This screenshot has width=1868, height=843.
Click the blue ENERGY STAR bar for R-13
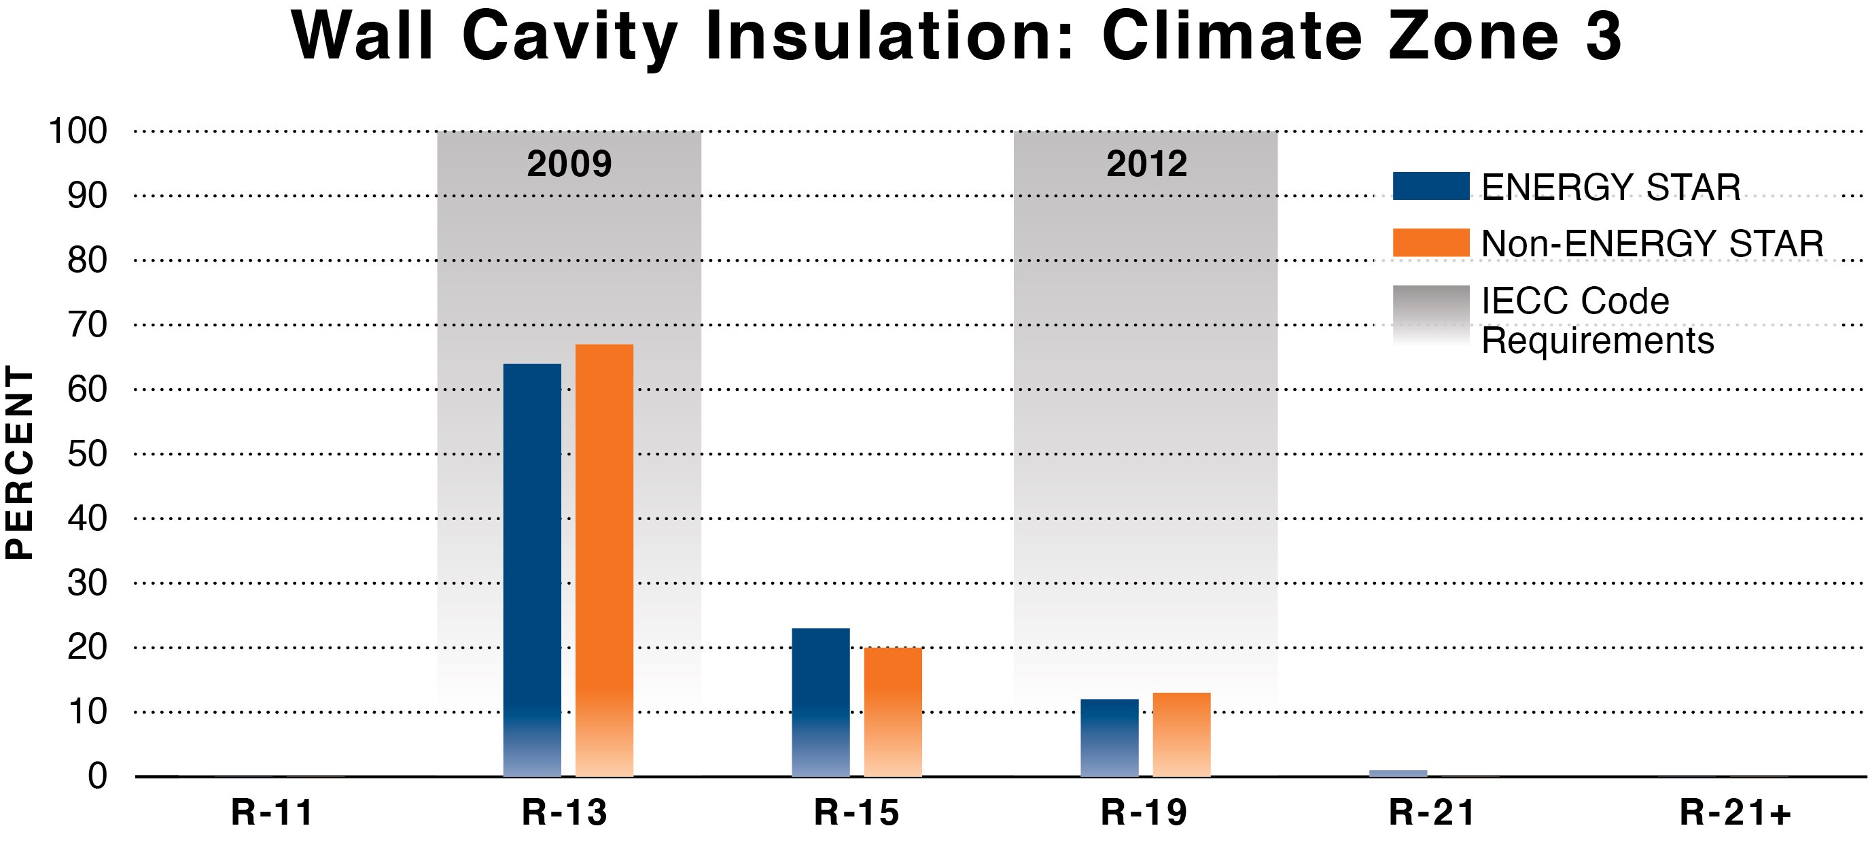[x=531, y=570]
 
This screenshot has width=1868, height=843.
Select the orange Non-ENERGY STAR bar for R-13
[x=604, y=560]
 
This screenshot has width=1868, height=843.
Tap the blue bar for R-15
[x=820, y=702]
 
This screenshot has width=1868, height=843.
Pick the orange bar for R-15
[x=893, y=712]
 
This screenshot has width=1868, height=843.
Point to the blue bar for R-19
[x=1110, y=738]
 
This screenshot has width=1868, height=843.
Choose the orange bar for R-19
[x=1181, y=734]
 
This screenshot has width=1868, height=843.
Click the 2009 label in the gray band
[x=569, y=164]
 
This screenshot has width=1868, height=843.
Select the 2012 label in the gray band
[x=1146, y=164]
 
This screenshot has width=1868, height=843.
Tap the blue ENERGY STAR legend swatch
[x=1431, y=186]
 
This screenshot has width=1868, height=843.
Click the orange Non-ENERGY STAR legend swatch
[x=1431, y=242]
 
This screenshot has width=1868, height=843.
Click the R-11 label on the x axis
[x=272, y=812]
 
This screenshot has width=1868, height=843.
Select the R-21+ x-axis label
[x=1735, y=812]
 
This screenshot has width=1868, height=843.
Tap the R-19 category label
[x=1144, y=812]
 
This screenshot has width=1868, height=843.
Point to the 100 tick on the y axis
[x=77, y=131]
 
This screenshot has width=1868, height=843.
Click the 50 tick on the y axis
[x=87, y=454]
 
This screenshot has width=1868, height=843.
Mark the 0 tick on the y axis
[x=97, y=776]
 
